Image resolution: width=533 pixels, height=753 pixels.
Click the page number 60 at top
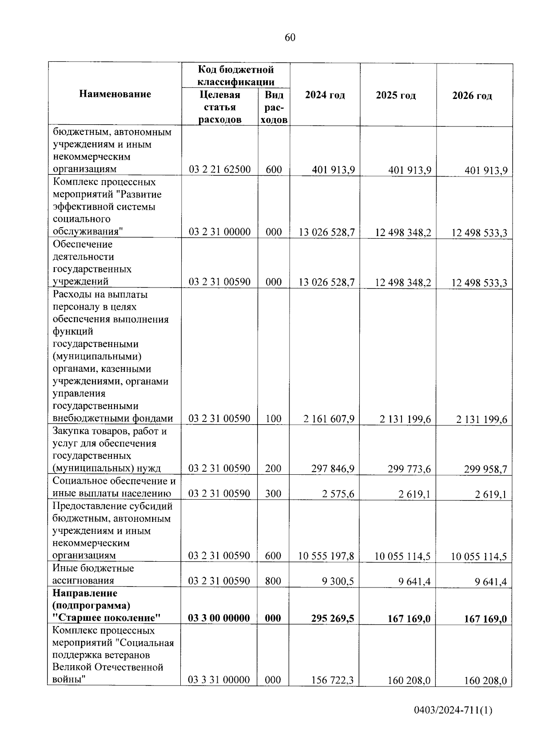(290, 37)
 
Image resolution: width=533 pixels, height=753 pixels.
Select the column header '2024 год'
(325, 95)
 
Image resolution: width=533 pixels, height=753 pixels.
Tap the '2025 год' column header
(396, 96)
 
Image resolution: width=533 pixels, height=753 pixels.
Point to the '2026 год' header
(472, 96)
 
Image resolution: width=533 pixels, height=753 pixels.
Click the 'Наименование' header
(115, 94)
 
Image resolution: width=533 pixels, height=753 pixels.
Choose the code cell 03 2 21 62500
(219, 170)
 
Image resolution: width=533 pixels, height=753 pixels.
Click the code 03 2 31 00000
(219, 232)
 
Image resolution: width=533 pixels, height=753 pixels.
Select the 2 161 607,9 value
(329, 418)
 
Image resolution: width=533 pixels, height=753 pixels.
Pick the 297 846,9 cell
(333, 468)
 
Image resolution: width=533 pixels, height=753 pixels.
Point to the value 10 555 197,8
(326, 556)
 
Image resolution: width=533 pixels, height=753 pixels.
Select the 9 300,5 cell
(338, 581)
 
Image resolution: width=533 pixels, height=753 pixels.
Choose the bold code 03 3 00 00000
(219, 618)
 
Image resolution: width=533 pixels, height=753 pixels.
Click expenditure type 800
(273, 581)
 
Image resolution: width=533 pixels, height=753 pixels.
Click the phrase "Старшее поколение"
(106, 618)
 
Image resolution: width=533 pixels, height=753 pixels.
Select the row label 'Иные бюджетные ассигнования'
(93, 575)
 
